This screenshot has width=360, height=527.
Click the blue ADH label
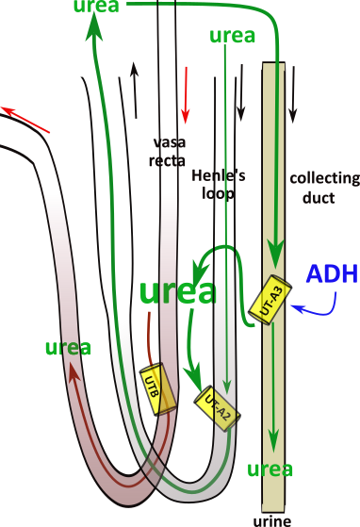[325, 274]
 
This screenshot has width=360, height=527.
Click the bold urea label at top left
[98, 8]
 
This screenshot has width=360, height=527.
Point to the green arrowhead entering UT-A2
[200, 384]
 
